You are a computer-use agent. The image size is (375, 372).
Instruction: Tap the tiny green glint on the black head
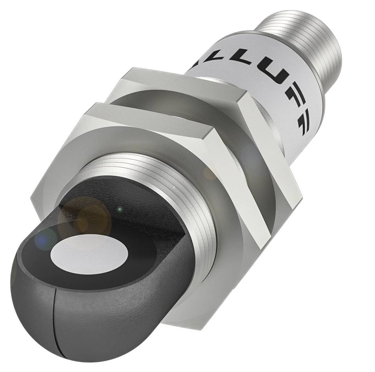click(120, 210)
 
